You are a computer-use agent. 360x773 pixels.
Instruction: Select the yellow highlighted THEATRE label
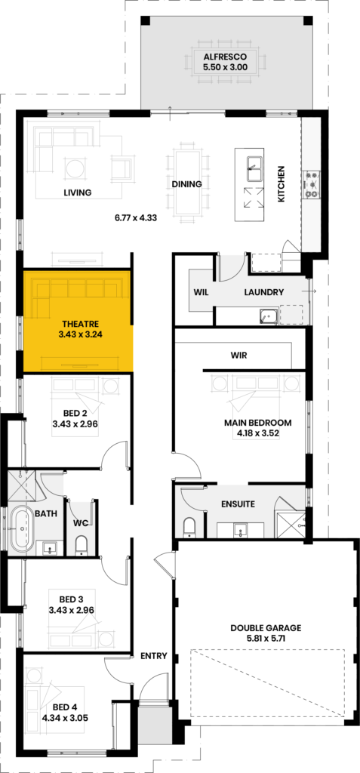pyautogui.click(x=81, y=324)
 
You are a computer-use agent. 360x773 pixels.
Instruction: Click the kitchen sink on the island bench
pyautogui.click(x=254, y=169)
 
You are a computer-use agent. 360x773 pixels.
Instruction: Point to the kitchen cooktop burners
pyautogui.click(x=311, y=184)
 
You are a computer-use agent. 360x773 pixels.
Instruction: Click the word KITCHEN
pyautogui.click(x=281, y=184)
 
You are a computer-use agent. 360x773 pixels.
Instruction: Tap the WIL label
pyautogui.click(x=202, y=292)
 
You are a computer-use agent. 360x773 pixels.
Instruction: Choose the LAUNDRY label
pyautogui.click(x=264, y=292)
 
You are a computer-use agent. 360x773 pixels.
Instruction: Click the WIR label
pyautogui.click(x=238, y=355)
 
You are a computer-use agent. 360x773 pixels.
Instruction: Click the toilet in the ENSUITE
pyautogui.click(x=190, y=527)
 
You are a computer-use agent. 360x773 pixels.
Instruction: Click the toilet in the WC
pyautogui.click(x=81, y=545)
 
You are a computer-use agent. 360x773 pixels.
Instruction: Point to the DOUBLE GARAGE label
pyautogui.click(x=266, y=628)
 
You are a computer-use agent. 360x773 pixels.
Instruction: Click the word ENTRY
pyautogui.click(x=154, y=656)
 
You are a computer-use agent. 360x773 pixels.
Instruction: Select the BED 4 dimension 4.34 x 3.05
pyautogui.click(x=66, y=718)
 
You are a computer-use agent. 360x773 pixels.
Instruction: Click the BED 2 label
pyautogui.click(x=75, y=413)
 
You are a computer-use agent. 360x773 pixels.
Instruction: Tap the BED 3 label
pyautogui.click(x=72, y=599)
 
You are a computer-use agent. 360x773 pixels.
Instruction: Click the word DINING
pyautogui.click(x=186, y=184)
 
